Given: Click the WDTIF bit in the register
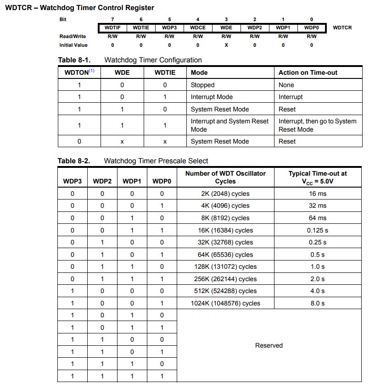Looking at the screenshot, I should point(112,28).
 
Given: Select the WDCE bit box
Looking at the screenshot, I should point(198,28).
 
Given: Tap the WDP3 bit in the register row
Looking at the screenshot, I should point(169,28).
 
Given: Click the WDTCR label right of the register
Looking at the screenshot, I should point(342,28).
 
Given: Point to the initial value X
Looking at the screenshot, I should point(226,45).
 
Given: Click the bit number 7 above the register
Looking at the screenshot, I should point(112,19).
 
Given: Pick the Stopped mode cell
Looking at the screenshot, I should point(203,85).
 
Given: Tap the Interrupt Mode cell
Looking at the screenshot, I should point(212,97).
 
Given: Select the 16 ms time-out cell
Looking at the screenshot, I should point(318,194).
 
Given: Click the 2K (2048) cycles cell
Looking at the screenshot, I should point(225,194).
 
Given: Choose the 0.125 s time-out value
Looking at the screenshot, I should point(318,230).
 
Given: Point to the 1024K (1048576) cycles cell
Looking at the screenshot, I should point(225,303).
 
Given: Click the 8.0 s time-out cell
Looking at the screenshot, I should point(318,303).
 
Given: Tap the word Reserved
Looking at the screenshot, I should point(269,345).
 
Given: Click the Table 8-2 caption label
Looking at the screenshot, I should point(74,161).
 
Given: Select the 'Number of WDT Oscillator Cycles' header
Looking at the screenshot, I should point(225,177).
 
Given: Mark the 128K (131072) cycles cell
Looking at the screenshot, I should point(225,266).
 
